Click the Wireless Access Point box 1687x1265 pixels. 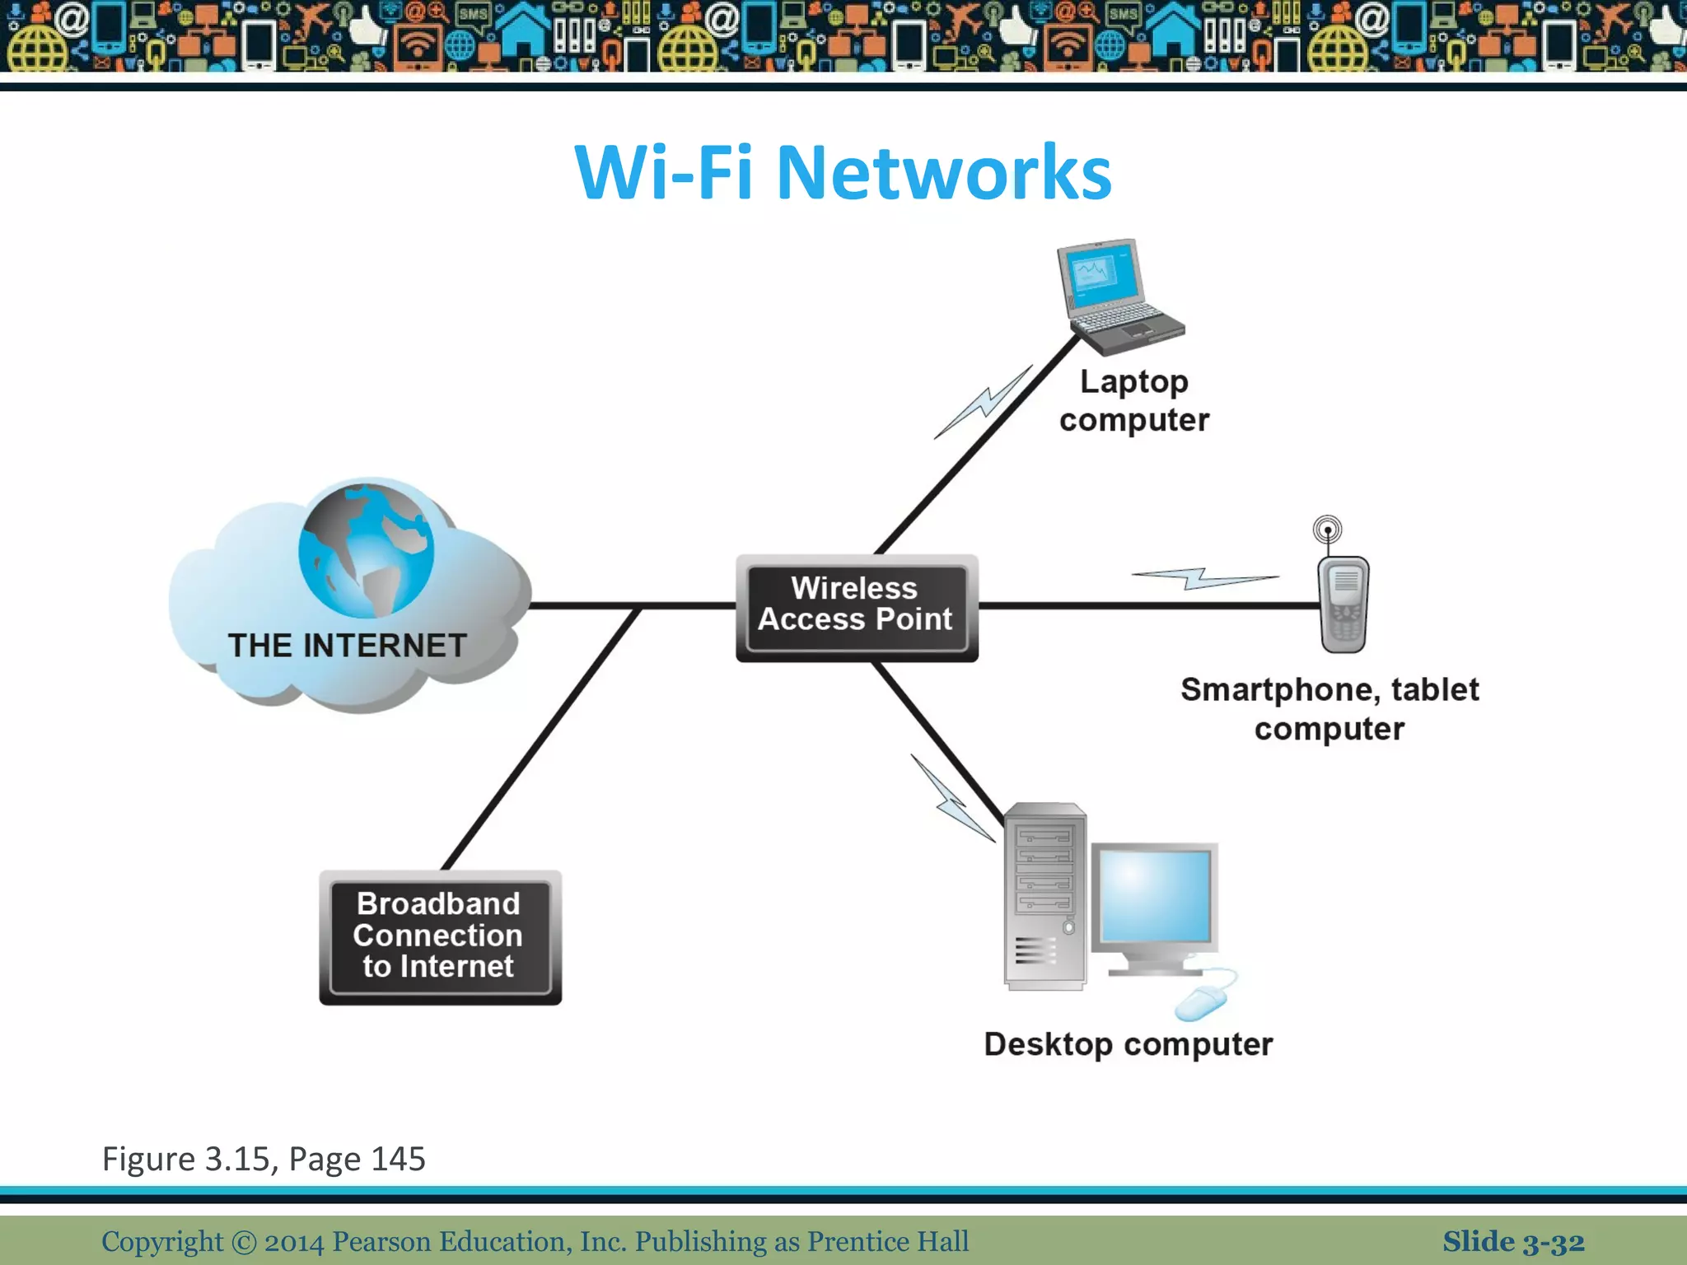point(857,606)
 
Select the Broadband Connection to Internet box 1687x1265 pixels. point(440,936)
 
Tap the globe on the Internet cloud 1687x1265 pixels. point(367,550)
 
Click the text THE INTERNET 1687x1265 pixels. point(347,646)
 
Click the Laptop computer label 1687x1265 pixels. point(1133,400)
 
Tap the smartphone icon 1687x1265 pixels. point(1344,604)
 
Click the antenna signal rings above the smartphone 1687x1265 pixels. point(1327,530)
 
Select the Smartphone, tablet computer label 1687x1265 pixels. point(1329,708)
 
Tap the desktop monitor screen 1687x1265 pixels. point(1156,895)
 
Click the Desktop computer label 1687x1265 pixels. point(1128,1044)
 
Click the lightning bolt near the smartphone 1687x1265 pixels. point(1203,578)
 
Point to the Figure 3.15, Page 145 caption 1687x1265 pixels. point(264,1159)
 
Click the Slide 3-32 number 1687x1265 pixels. point(1512,1241)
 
